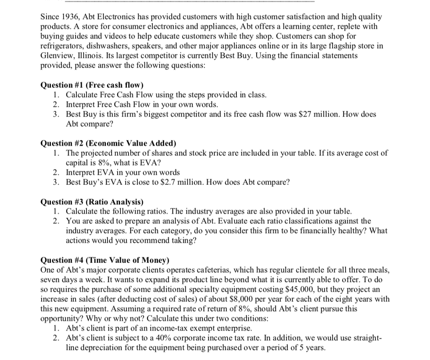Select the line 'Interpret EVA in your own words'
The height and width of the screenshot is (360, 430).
[x=123, y=172]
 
